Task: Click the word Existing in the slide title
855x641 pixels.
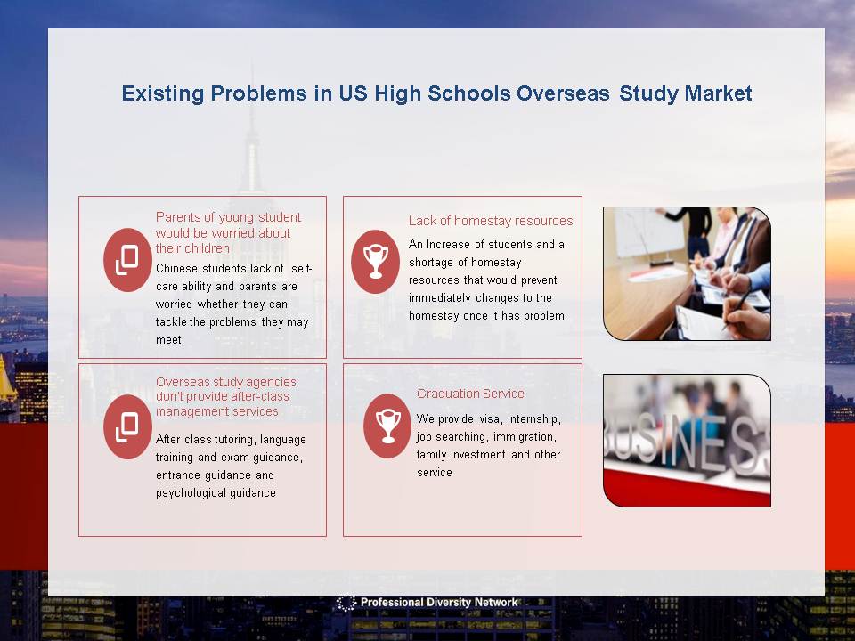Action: [162, 93]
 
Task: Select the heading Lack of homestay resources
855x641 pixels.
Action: [491, 221]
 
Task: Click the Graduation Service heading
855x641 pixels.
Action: [470, 394]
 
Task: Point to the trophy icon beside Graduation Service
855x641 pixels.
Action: [387, 426]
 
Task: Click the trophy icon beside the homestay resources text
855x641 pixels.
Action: [376, 262]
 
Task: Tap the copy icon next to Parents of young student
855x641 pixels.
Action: [127, 260]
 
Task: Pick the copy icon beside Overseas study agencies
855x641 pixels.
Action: [127, 426]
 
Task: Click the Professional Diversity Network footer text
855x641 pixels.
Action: [439, 603]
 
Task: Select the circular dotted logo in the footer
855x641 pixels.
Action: [346, 603]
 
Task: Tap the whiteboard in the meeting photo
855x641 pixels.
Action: [648, 231]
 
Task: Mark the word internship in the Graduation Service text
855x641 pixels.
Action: [533, 419]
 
